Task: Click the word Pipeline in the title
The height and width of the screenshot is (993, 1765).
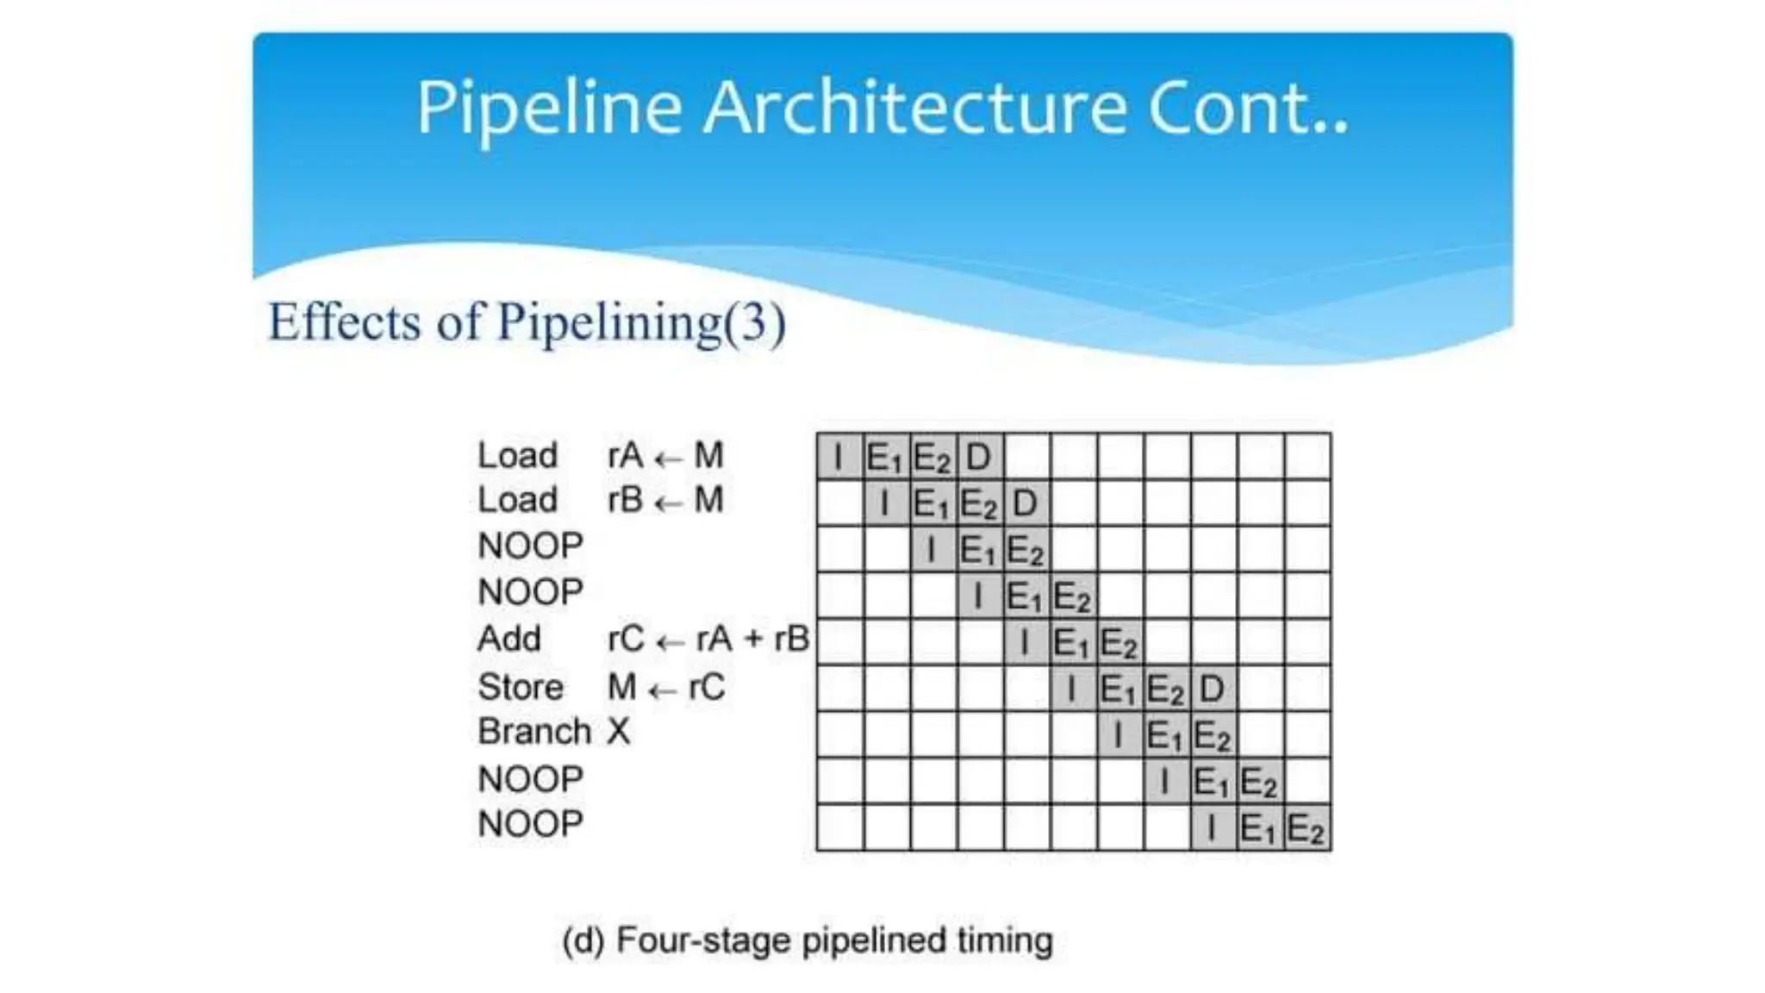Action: (x=549, y=109)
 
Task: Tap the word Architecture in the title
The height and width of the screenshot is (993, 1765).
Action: (x=915, y=108)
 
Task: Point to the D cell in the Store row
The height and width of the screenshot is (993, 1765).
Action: (x=1213, y=689)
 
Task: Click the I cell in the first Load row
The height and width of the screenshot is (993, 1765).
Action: (x=839, y=456)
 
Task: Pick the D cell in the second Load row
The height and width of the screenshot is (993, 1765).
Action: (x=1026, y=503)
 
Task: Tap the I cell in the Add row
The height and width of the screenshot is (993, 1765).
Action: (x=1026, y=642)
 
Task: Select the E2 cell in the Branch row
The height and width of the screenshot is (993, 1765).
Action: (x=1213, y=735)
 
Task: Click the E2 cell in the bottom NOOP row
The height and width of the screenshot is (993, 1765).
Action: (x=1307, y=828)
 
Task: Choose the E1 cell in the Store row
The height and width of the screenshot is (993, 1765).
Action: (x=1119, y=689)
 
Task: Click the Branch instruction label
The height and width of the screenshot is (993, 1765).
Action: (x=534, y=732)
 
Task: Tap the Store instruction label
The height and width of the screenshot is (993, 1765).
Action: (x=521, y=687)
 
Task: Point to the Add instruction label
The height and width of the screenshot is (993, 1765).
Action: (x=509, y=639)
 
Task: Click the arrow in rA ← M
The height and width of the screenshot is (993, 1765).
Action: (x=668, y=458)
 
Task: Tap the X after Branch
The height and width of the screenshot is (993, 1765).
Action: (x=619, y=732)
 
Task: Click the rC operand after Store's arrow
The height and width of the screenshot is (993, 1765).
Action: (x=707, y=687)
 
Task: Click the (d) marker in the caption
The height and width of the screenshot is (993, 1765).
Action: (x=583, y=940)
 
